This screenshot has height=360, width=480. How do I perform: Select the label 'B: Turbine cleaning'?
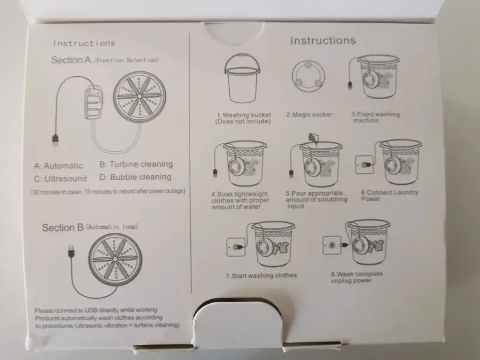(x=136, y=164)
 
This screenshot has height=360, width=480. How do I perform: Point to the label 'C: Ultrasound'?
(x=61, y=178)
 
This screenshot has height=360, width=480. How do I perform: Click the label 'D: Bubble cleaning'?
(x=136, y=177)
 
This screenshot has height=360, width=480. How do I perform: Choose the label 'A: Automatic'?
(x=58, y=166)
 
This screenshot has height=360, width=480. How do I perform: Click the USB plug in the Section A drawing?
(x=55, y=140)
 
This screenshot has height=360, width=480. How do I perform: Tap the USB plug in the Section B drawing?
(x=71, y=251)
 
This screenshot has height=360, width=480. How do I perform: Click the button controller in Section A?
(x=94, y=103)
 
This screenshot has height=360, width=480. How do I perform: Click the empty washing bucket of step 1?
(x=242, y=79)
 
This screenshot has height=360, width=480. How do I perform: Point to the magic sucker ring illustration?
(x=308, y=76)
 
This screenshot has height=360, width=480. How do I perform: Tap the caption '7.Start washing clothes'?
(x=262, y=275)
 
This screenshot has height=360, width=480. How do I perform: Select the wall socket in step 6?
(x=364, y=164)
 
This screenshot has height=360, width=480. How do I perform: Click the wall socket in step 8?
(x=332, y=245)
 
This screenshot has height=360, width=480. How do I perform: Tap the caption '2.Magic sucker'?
(x=309, y=115)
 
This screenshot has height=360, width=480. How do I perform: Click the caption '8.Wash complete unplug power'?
(x=356, y=277)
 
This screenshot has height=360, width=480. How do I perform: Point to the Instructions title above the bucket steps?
(x=323, y=40)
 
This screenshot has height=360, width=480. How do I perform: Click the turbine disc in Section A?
(x=140, y=97)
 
